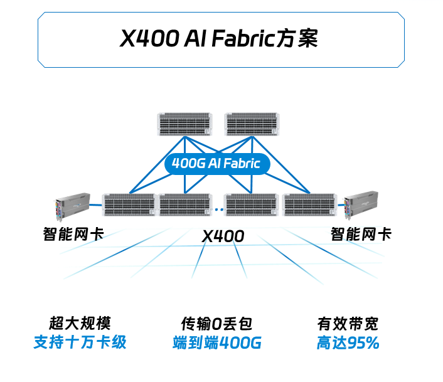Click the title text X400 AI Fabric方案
[220, 40]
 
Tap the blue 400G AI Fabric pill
[216, 164]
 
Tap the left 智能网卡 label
[73, 235]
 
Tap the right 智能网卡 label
[361, 235]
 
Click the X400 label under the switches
[223, 236]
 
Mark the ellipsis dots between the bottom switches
[219, 207]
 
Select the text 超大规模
[80, 324]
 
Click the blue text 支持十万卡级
[80, 343]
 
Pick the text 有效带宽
[348, 324]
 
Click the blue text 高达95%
[348, 343]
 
